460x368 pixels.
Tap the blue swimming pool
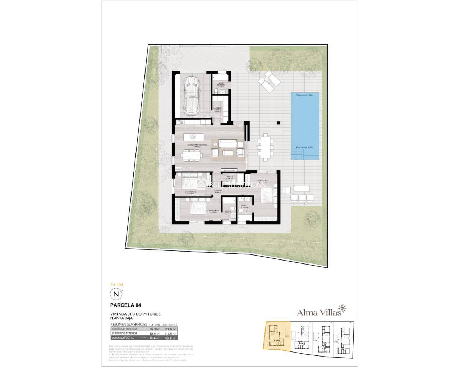(x=305, y=126)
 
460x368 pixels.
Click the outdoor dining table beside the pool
(x=266, y=146)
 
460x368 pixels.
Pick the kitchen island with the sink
(x=193, y=137)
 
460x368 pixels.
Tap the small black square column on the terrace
(x=278, y=123)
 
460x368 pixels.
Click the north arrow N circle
(x=116, y=294)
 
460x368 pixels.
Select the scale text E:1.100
(x=116, y=285)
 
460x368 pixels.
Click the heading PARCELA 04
(x=125, y=305)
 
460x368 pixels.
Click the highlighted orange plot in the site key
(x=277, y=335)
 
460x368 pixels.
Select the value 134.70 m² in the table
(x=154, y=329)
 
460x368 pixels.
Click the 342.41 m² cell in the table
(x=169, y=333)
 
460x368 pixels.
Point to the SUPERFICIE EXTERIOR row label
(x=124, y=333)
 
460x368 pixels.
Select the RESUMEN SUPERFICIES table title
(x=129, y=324)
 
